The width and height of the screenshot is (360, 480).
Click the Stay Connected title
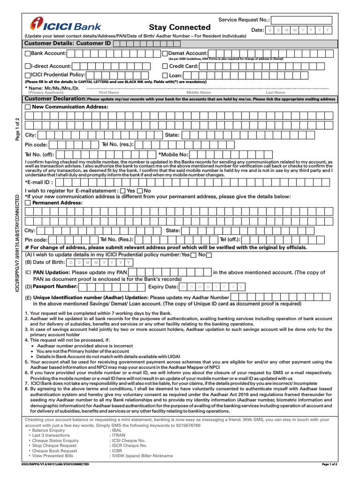pos(180,28)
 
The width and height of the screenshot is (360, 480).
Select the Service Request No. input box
pos(301,20)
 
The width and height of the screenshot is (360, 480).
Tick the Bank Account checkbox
pos(27,54)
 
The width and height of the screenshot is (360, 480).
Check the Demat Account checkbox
pos(165,54)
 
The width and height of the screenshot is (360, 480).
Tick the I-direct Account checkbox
pos(27,67)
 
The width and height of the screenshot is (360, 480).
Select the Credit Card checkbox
pos(165,67)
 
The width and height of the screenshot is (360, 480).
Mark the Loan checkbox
pos(165,75)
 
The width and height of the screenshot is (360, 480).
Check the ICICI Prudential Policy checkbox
pos(27,75)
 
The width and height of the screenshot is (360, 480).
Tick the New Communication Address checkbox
pos(27,107)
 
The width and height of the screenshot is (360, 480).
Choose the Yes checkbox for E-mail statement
pos(123,191)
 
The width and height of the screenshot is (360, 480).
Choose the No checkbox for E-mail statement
pos(140,191)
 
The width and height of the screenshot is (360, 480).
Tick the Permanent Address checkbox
pos(27,203)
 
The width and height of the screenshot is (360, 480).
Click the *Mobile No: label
pos(173,154)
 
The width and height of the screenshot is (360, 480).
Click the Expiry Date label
pos(163,287)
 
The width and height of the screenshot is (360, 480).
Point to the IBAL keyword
pos(116,430)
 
